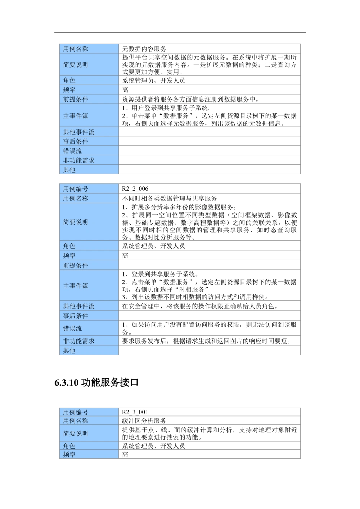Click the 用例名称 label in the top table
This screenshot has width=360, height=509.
coord(76,49)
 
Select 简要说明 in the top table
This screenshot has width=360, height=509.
coord(76,65)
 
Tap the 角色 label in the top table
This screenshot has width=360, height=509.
coord(69,81)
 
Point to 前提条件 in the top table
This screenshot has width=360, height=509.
coord(76,99)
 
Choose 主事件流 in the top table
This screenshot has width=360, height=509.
coord(76,116)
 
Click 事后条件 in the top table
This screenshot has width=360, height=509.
coord(76,141)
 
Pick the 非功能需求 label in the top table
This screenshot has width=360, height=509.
coord(79,160)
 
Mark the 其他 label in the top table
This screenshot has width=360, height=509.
coord(69,170)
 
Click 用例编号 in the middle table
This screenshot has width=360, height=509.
coord(76,189)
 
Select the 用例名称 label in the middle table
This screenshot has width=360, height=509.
coord(76,198)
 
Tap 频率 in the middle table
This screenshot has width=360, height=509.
coord(69,256)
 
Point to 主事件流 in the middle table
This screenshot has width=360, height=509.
coord(76,286)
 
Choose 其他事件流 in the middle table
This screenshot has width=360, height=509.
coord(79,306)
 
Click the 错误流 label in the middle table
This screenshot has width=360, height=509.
coord(72,328)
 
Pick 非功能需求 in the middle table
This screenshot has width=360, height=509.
coord(79,341)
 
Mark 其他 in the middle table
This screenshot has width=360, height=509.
coord(69,351)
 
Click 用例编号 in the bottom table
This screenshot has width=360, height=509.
coord(76,413)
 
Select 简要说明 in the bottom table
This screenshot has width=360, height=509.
coord(76,433)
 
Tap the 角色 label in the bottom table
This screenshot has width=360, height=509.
coord(69,446)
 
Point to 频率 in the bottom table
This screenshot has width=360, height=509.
coord(69,455)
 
